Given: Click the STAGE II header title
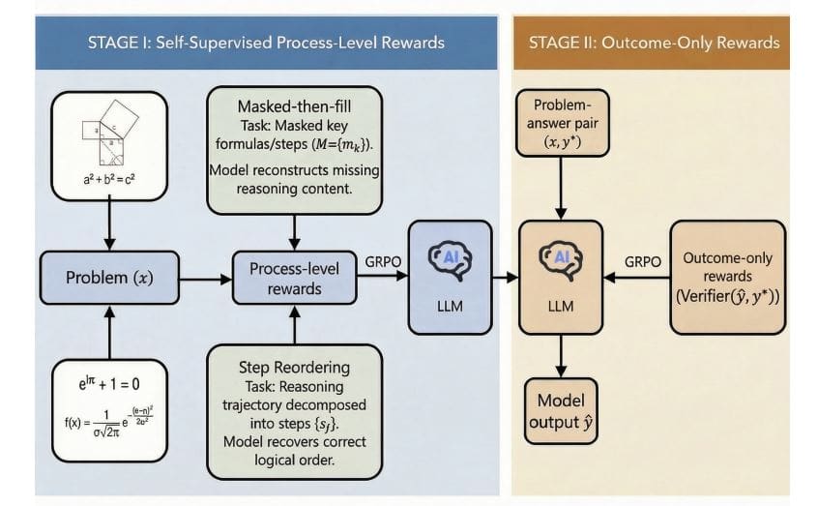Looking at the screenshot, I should pyautogui.click(x=654, y=43).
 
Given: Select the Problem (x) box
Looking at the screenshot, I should pyautogui.click(x=109, y=278).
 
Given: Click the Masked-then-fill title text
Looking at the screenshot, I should pyautogui.click(x=295, y=105).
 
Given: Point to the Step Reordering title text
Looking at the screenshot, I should pyautogui.click(x=295, y=367).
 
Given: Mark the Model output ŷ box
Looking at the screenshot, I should pyautogui.click(x=561, y=411).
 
